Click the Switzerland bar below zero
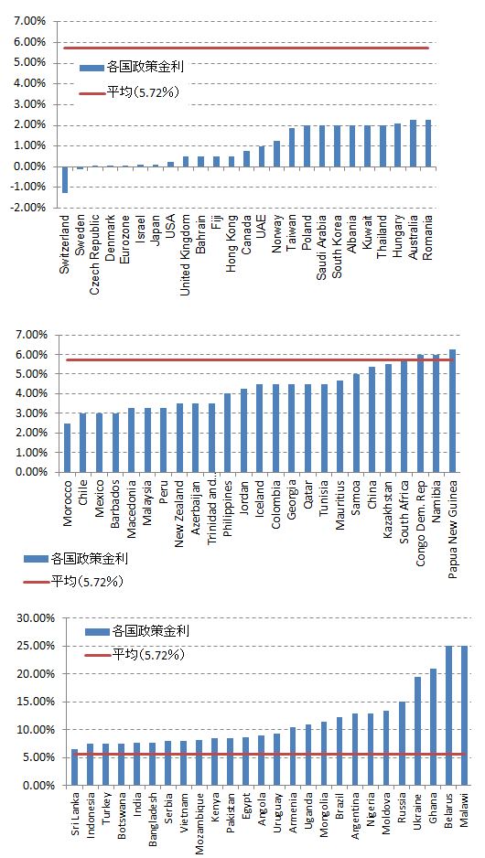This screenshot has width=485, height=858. click(x=65, y=179)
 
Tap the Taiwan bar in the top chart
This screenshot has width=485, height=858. click(x=292, y=147)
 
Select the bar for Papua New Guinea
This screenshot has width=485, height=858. click(x=452, y=411)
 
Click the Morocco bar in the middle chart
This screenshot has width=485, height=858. click(x=68, y=447)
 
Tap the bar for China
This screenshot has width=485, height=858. click(x=372, y=419)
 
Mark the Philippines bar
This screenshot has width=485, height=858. click(x=228, y=433)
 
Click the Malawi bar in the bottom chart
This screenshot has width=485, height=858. click(x=464, y=715)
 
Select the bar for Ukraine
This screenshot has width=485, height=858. click(x=417, y=731)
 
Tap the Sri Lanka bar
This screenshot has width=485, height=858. click(x=75, y=767)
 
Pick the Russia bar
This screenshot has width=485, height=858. click(x=403, y=743)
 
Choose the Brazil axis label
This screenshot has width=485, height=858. click(x=339, y=807)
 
